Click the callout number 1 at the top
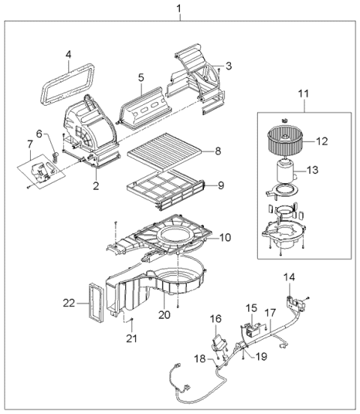178,8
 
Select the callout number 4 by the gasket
68,54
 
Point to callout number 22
68,304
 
